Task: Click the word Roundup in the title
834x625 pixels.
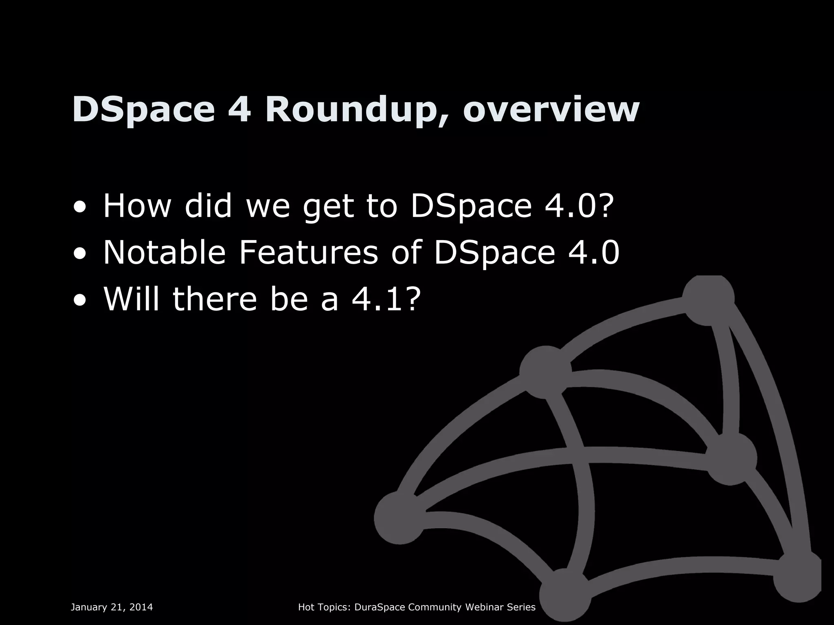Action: tap(353, 110)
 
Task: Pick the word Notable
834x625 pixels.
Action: tap(164, 253)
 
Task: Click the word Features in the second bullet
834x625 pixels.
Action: tap(308, 253)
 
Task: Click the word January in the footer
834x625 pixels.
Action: tap(88, 608)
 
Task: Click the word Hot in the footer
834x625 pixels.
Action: tap(305, 608)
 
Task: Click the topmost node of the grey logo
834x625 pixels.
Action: tap(708, 299)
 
